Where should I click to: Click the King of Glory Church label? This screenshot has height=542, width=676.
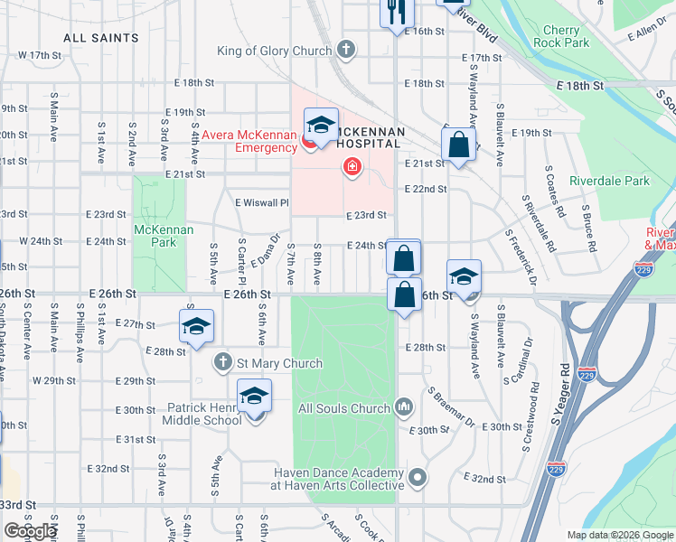[x=275, y=51]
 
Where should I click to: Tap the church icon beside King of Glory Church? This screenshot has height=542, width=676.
[x=345, y=49]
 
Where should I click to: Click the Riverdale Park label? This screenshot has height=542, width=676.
[x=609, y=181]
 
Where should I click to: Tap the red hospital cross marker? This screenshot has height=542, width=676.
[x=351, y=167]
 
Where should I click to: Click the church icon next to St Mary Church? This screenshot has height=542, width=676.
[x=223, y=363]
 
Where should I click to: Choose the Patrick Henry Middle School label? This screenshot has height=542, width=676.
[x=203, y=414]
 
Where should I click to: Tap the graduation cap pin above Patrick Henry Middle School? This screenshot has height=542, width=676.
[x=255, y=396]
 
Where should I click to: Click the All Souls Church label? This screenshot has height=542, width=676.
[x=343, y=408]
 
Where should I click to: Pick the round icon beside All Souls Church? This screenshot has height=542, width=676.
[x=403, y=407]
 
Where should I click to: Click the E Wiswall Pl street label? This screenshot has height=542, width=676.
[x=260, y=203]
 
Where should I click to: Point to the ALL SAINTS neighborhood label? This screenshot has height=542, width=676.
[x=101, y=38]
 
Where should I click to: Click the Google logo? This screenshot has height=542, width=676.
[x=30, y=531]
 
